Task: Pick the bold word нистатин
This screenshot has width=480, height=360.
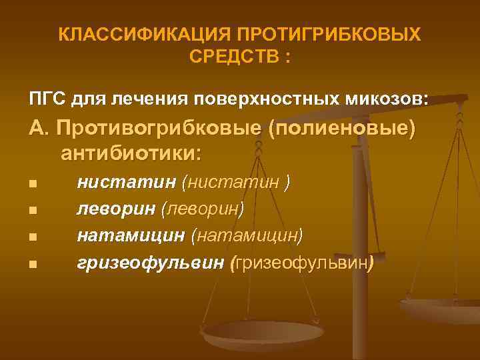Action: (x=126, y=181)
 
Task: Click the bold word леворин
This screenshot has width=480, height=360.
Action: (x=116, y=209)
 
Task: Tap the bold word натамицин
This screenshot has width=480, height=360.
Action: (x=131, y=235)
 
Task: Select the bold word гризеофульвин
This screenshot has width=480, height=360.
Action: (x=150, y=263)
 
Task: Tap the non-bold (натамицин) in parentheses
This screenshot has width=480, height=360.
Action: (x=247, y=235)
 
